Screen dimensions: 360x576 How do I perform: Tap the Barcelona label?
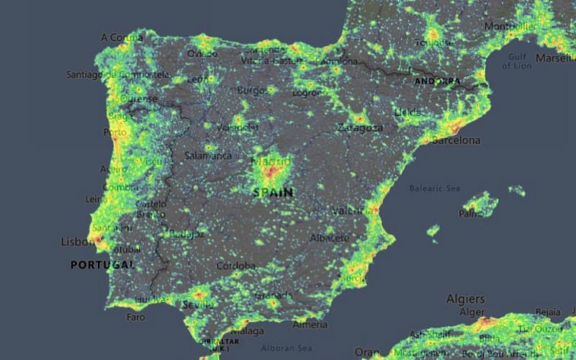(455, 140)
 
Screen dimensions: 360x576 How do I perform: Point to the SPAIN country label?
(274, 192)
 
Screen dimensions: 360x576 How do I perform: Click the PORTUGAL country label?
(102, 265)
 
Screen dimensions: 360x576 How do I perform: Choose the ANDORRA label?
(437, 81)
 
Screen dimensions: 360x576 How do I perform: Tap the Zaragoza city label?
(360, 128)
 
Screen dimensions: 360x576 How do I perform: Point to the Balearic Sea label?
(434, 189)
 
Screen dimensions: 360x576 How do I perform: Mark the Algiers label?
(465, 298)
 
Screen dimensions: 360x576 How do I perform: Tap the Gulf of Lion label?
(516, 61)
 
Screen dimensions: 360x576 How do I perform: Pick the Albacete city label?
(330, 238)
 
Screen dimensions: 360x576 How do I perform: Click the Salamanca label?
(208, 155)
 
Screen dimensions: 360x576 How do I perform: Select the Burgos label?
(252, 91)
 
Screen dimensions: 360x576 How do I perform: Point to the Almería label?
(310, 325)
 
